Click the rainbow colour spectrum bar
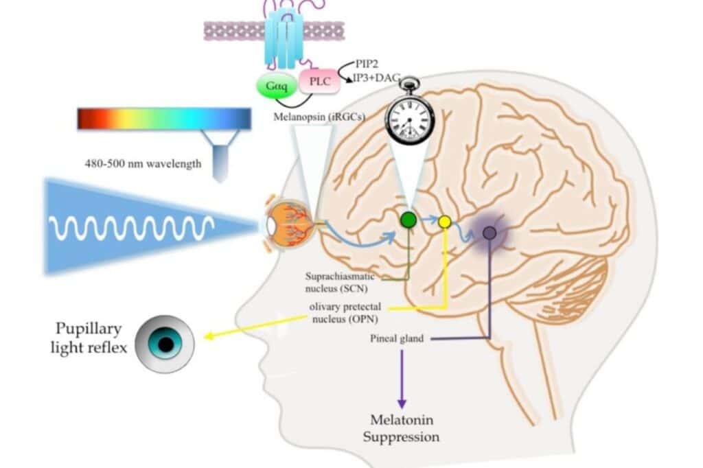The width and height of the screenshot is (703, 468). coord(164,119)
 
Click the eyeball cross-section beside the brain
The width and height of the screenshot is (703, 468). coord(292,224)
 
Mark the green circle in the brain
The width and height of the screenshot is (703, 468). coord(408,220)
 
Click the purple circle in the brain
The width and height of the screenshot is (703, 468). coord(489,233)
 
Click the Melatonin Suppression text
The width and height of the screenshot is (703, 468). coord(401,428)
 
